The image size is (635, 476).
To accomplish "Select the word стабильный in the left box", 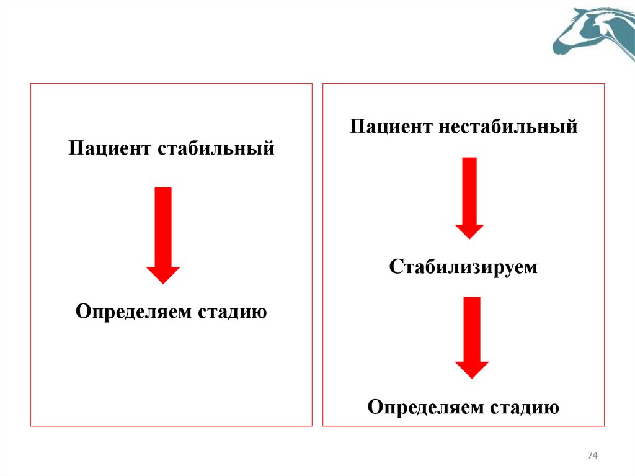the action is [216, 150].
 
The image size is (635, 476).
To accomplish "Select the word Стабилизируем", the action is [463, 267].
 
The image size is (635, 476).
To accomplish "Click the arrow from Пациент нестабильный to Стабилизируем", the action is [469, 197].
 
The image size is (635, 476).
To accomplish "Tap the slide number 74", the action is [592, 456].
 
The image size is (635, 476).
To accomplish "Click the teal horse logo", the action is [594, 34].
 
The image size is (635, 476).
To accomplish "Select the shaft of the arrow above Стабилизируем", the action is [469, 190].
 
